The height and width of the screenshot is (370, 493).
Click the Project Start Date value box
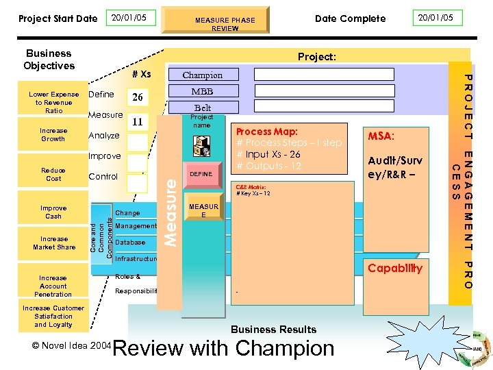coord(133,18)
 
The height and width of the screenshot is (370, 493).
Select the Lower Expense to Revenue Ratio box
coord(54,103)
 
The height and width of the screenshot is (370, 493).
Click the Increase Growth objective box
coord(53,134)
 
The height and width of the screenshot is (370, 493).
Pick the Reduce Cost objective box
coord(53,174)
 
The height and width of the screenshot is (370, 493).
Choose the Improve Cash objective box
coord(53,212)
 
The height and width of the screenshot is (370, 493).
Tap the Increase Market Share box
coord(54,243)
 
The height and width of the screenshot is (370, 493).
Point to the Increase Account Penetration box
coord(53,286)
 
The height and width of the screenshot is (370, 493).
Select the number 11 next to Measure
coord(137,122)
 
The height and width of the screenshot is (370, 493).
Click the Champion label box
coord(202,75)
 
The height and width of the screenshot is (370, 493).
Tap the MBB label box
coord(202,91)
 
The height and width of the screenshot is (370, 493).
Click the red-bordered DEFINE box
coord(201,175)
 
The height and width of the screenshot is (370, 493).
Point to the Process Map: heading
coord(267,132)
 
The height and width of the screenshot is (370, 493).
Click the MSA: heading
coord(380,136)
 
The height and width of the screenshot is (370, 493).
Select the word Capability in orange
coord(395,268)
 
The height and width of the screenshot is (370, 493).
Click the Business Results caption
coord(274,330)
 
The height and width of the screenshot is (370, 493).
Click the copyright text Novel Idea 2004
coord(71,346)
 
